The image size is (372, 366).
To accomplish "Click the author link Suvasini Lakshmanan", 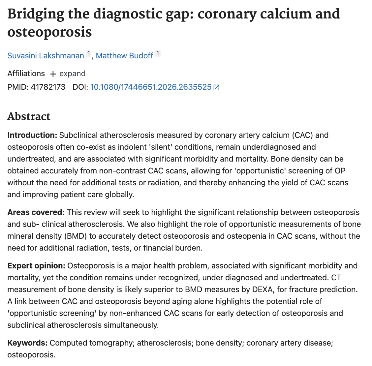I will click(x=46, y=56).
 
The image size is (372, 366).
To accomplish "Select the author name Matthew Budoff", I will click(x=124, y=56).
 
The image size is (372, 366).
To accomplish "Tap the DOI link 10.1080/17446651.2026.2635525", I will click(x=151, y=87).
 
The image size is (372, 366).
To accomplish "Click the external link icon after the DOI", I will click(x=216, y=87).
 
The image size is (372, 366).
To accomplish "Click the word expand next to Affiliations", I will click(x=72, y=74).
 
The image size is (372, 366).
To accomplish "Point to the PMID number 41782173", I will click(x=48, y=87).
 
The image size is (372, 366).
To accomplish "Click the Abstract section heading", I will click(x=29, y=116).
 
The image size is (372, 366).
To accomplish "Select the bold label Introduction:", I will click(x=32, y=135).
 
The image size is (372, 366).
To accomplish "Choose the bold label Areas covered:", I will click(x=36, y=212).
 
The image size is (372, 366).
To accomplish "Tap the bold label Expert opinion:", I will click(x=36, y=266).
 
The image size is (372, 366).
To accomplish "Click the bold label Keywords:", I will click(x=27, y=343).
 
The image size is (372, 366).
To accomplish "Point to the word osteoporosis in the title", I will click(x=49, y=32).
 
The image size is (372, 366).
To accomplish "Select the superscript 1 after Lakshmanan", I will click(x=88, y=53).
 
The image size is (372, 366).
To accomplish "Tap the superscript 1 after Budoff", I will click(x=158, y=53).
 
